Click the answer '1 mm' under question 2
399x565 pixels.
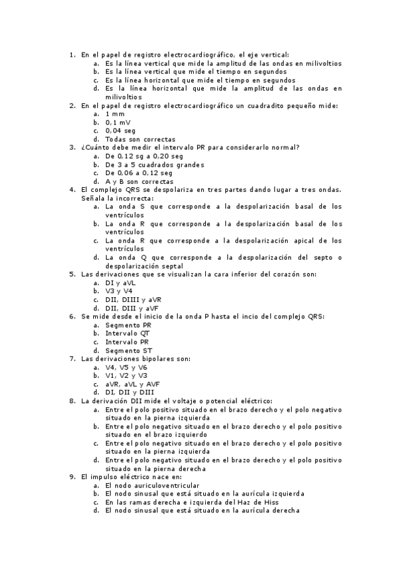tap(115, 114)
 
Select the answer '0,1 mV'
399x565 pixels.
tap(118, 123)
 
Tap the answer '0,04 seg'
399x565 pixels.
tap(120, 131)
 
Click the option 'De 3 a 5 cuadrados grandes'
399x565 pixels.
tap(155, 165)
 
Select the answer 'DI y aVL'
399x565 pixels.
tap(121, 282)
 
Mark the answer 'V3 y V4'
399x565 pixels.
tap(119, 290)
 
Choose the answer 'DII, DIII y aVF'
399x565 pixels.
tap(132, 308)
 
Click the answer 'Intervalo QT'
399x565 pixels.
tap(127, 332)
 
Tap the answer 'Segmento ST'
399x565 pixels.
tap(129, 350)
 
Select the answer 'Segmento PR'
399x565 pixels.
tap(128, 324)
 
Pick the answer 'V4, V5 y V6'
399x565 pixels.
tap(127, 367)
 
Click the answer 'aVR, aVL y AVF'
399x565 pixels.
tap(132, 384)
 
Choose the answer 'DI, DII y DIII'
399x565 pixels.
tap(129, 392)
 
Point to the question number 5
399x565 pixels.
tap(73, 274)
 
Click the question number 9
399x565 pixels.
tap(73, 476)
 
